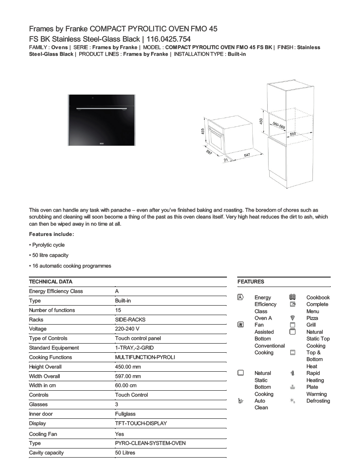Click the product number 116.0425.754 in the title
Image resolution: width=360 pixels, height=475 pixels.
point(168,39)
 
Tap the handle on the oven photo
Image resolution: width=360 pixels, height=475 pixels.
point(102,107)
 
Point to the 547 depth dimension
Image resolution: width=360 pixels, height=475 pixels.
point(246,156)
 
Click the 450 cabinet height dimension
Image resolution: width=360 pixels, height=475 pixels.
point(261,121)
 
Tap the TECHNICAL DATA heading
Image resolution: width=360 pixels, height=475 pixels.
point(51,282)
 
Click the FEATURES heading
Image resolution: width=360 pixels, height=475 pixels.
point(251,282)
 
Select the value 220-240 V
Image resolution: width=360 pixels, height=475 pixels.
point(127,329)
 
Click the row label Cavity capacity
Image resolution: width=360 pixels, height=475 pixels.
point(46,453)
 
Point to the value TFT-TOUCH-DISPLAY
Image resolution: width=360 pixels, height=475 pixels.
point(141,424)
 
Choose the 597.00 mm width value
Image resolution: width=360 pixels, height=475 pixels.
point(128,376)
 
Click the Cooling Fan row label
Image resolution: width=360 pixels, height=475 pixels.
point(43,434)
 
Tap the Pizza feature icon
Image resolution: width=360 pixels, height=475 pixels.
point(293,318)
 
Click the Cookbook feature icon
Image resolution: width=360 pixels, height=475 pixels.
point(293,297)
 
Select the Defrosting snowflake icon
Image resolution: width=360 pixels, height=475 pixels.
point(293,401)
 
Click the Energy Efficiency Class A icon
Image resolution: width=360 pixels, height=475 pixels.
point(240,297)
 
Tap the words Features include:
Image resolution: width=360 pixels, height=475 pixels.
point(51,234)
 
